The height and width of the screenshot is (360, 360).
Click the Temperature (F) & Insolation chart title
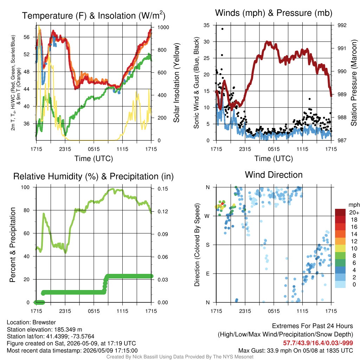(x=94, y=15)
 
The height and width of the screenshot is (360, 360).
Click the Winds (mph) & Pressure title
(x=274, y=13)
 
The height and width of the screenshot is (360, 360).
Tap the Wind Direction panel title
(x=274, y=175)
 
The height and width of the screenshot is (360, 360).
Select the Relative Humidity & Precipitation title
(x=94, y=176)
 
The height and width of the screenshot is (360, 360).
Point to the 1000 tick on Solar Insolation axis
(x=163, y=27)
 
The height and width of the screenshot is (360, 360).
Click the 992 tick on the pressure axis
(x=342, y=25)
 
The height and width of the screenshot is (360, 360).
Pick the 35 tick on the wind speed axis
(x=207, y=25)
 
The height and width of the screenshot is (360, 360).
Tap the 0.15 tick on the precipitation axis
(x=163, y=189)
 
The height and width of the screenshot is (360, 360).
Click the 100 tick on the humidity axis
(x=25, y=187)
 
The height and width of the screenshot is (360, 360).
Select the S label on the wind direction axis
(x=208, y=245)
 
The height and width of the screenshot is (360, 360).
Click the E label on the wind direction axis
(x=208, y=274)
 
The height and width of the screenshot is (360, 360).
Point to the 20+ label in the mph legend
(x=354, y=212)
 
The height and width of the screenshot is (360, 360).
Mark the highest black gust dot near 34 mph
(x=222, y=29)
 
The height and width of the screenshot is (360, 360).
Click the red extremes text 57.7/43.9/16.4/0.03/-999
(x=318, y=343)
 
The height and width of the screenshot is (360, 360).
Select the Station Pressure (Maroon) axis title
(x=354, y=83)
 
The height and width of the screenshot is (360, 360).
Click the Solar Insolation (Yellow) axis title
(x=176, y=83)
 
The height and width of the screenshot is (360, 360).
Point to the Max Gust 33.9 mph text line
(x=296, y=351)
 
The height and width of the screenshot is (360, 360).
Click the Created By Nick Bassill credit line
(x=180, y=357)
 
